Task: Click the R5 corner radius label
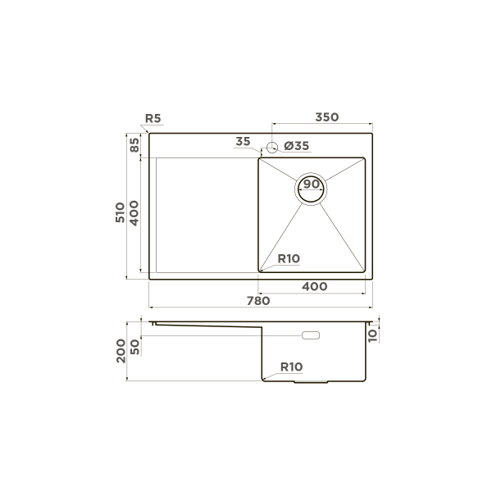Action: tap(152, 119)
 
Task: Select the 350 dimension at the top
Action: tap(326, 118)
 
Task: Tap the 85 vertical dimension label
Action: tap(134, 146)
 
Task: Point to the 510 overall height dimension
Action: tap(120, 214)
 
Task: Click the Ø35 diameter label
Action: tap(296, 146)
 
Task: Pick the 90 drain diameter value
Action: tap(312, 184)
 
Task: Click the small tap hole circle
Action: tap(271, 148)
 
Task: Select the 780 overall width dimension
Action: tap(258, 301)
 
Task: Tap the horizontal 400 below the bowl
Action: tap(315, 286)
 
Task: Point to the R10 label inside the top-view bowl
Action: tap(289, 259)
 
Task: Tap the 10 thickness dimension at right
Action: tap(373, 334)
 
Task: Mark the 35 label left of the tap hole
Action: tap(243, 142)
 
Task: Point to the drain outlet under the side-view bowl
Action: tap(312, 383)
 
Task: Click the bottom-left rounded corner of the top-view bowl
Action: tap(262, 269)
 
